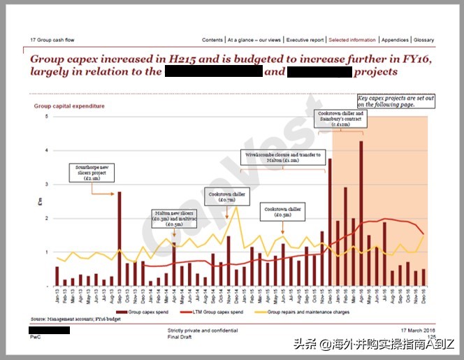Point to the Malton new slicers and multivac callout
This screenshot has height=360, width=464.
(x=174, y=218)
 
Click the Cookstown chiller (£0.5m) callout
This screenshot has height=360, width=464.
(x=282, y=211)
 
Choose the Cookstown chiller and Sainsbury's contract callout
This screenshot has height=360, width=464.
(x=340, y=117)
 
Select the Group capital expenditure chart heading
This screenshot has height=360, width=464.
(x=69, y=106)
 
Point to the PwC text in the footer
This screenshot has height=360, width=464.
(x=35, y=337)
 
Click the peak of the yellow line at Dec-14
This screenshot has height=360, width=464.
(x=236, y=207)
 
